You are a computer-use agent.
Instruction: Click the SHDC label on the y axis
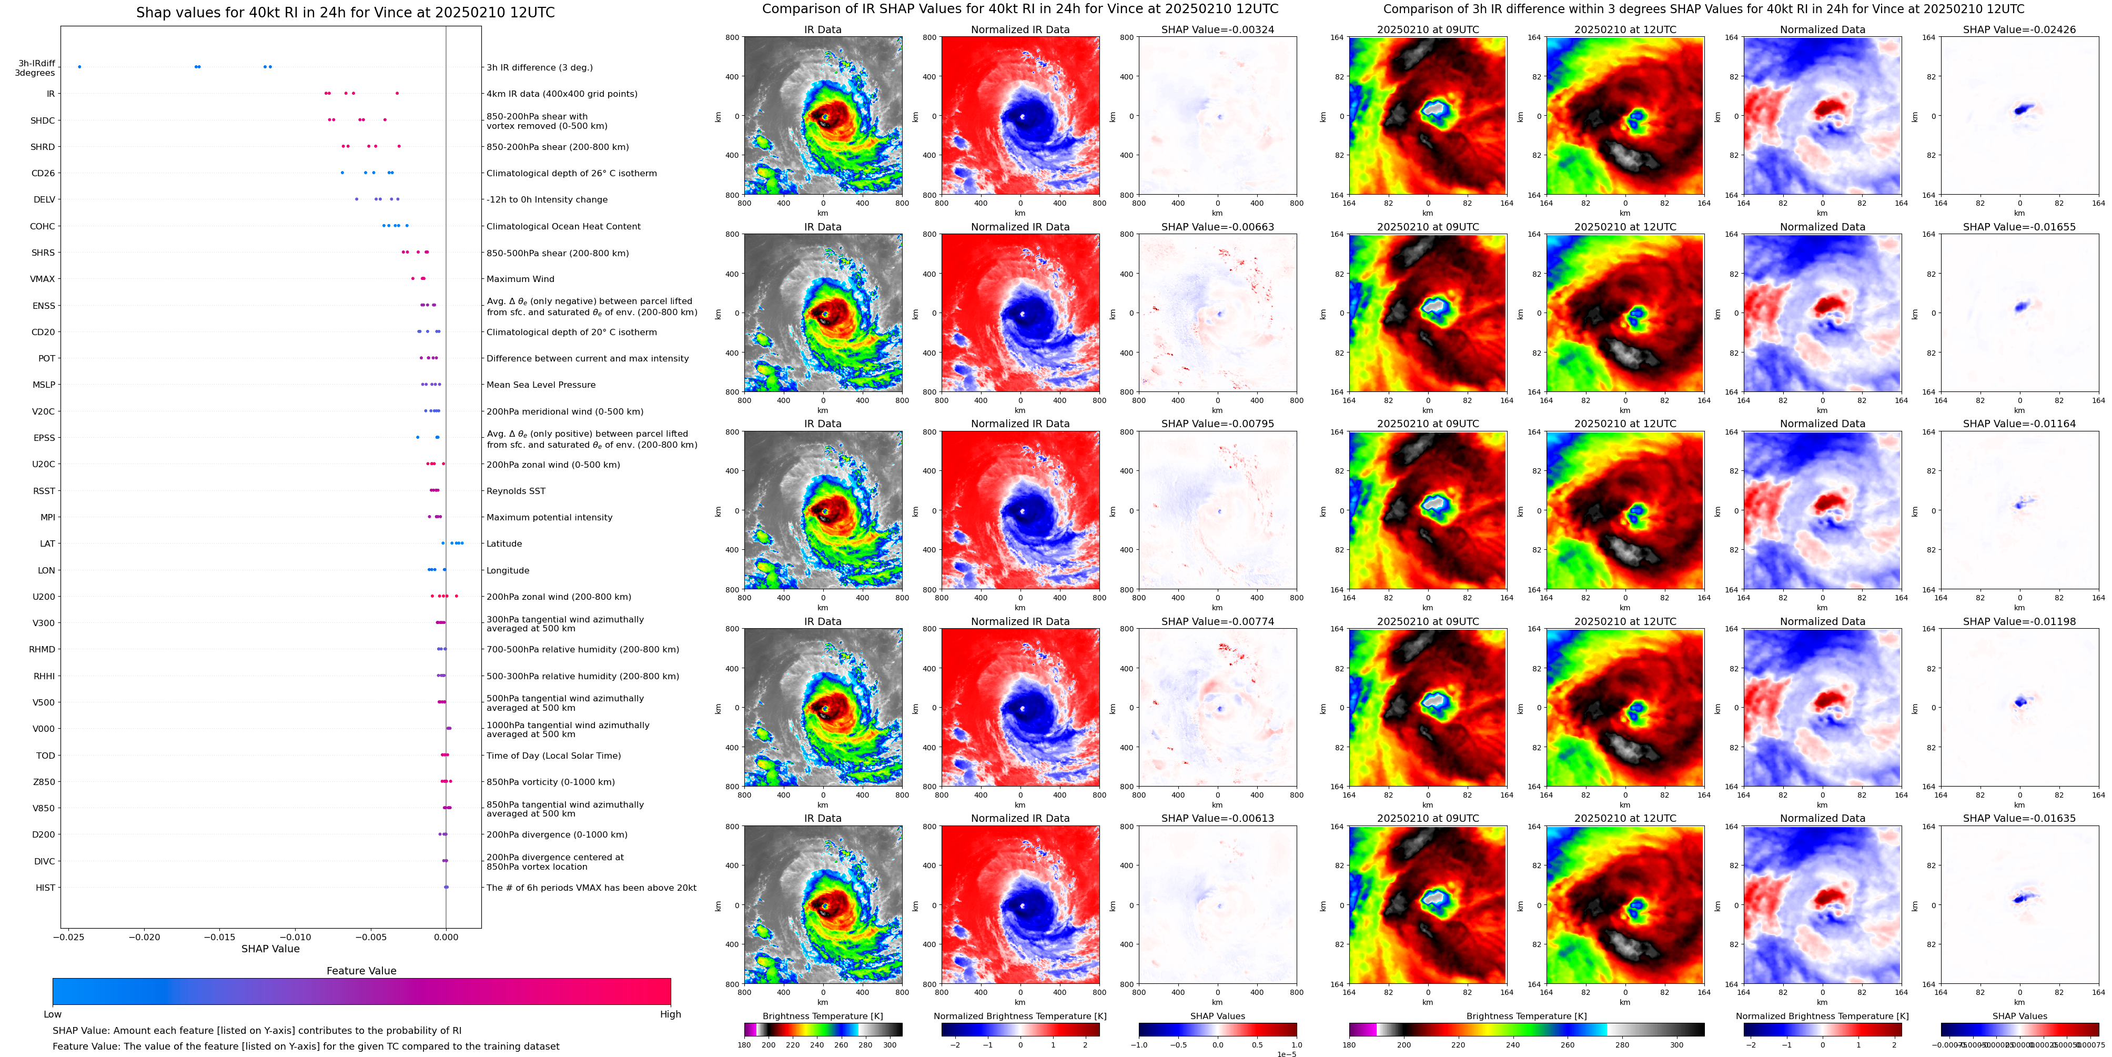point(43,120)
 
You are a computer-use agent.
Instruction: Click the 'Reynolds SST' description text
point(516,491)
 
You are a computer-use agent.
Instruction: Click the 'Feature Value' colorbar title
point(361,971)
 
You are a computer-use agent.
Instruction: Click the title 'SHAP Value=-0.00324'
point(1218,29)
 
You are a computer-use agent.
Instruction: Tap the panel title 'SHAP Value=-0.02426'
point(2019,29)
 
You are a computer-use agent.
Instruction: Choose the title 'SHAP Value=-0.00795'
point(1218,424)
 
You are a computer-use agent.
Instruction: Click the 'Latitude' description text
point(504,543)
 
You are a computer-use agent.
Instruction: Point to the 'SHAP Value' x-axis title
point(270,949)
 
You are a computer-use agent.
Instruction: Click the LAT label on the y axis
point(47,543)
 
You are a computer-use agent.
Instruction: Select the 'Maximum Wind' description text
point(521,279)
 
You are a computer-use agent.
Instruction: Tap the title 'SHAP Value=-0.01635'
point(2019,818)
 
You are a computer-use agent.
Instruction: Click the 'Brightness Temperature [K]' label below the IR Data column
point(823,1016)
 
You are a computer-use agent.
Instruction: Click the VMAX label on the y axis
point(43,279)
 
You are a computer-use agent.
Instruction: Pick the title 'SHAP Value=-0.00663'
point(1218,227)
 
